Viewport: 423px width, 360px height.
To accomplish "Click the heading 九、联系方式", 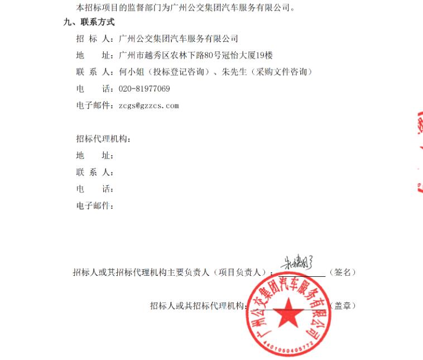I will (89, 22).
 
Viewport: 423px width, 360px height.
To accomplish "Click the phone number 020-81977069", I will (145, 89).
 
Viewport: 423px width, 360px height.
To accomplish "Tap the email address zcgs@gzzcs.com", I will (148, 105).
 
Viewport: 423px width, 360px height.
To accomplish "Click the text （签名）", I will (342, 272).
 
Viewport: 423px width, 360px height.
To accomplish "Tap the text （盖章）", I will (342, 306).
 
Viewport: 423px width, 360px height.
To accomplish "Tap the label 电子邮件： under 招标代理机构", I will (95, 206).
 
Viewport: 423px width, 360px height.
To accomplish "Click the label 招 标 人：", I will (95, 39).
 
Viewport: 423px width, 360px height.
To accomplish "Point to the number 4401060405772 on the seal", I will (290, 347).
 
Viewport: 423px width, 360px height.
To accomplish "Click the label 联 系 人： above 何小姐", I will (95, 72).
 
